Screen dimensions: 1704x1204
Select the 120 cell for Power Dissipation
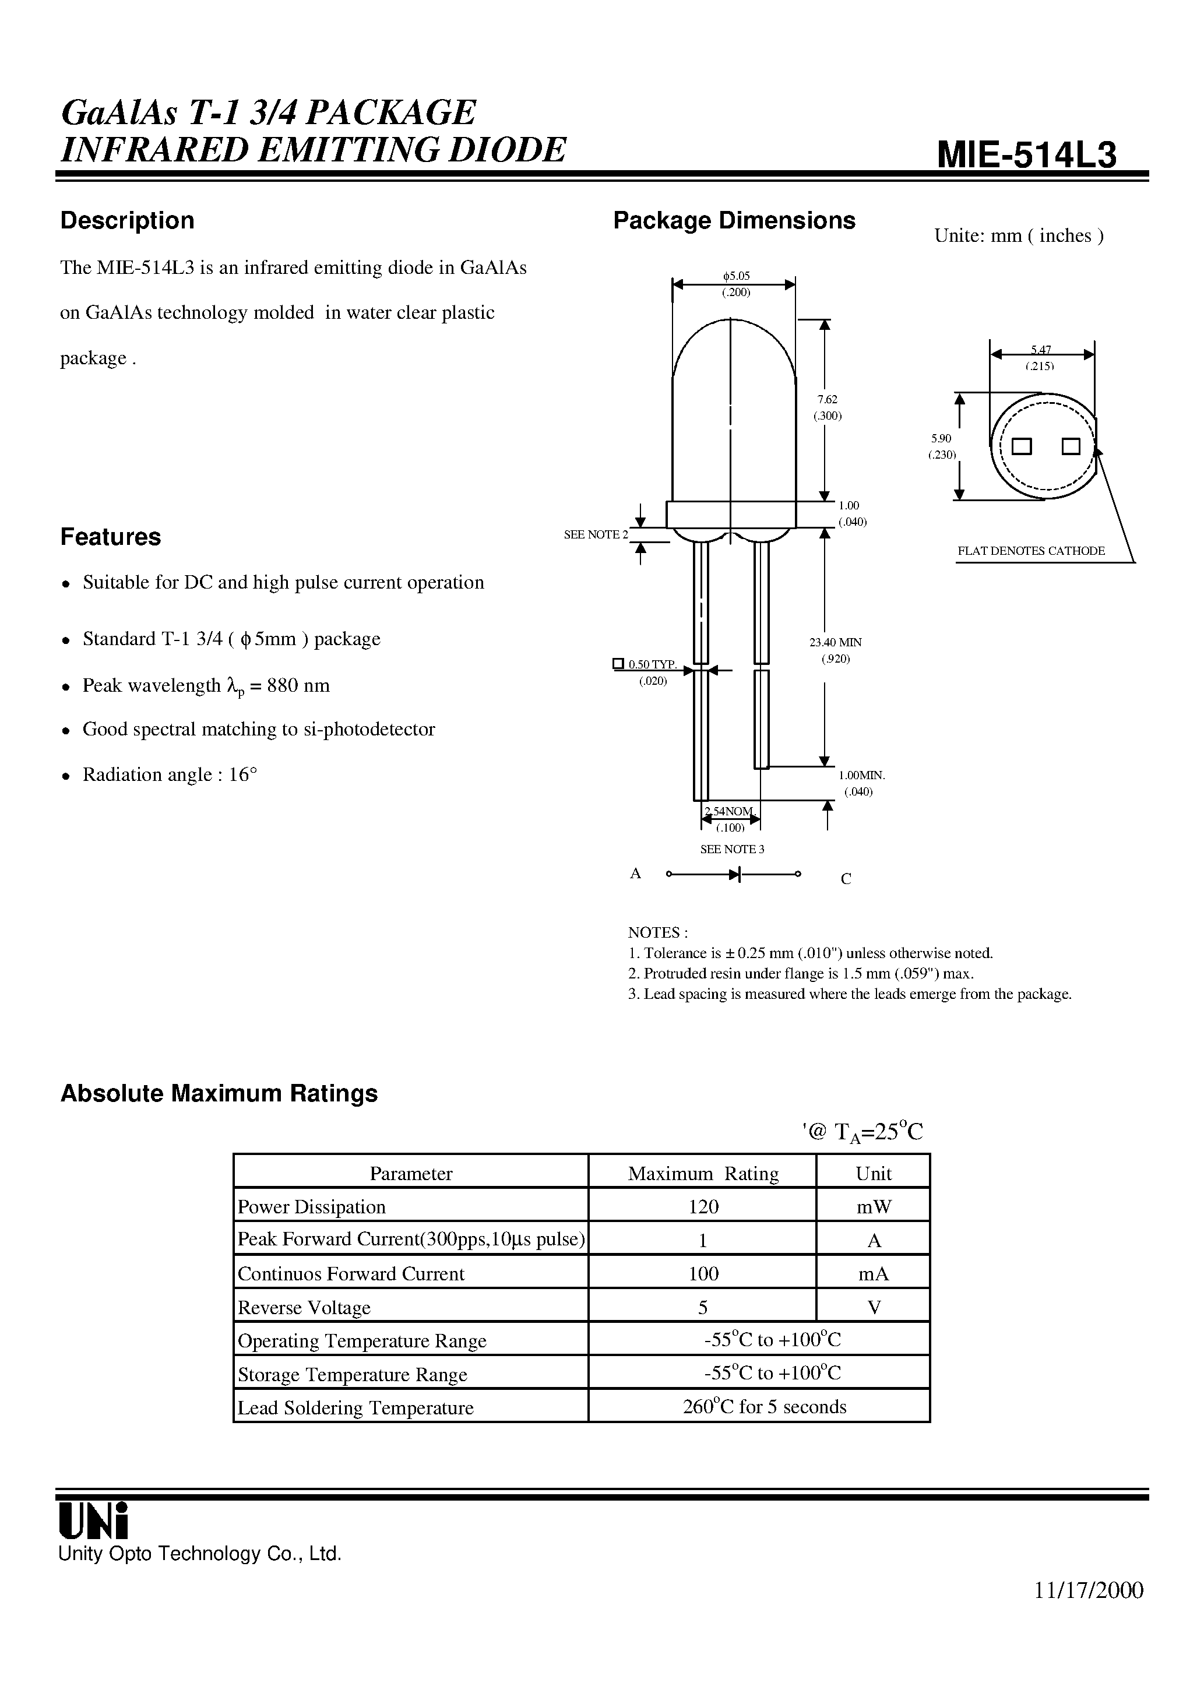point(702,1207)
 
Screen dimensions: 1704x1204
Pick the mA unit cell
point(873,1273)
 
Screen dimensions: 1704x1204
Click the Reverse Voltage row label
point(304,1307)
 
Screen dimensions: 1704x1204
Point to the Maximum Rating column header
point(702,1173)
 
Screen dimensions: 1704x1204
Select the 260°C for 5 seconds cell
point(764,1406)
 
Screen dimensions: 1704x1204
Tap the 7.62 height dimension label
point(827,399)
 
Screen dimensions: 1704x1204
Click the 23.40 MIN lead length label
point(835,642)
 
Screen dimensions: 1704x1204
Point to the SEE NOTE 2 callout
point(596,534)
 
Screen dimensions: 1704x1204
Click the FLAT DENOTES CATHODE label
point(1030,551)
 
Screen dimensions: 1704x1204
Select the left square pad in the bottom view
point(1022,447)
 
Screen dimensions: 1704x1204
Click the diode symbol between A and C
point(735,874)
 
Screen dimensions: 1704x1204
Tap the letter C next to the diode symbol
point(846,879)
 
